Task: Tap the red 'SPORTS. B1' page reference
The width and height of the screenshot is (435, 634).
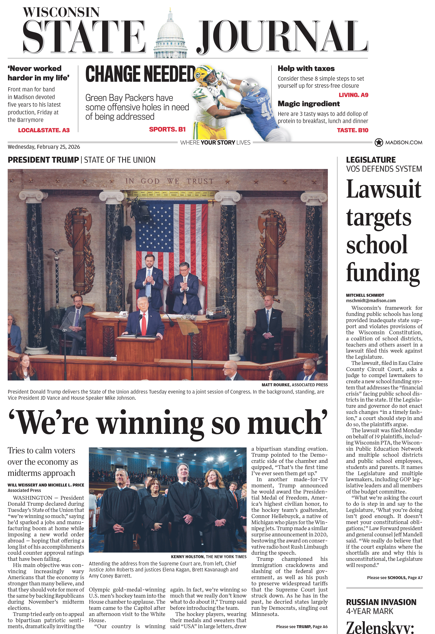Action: [x=167, y=129]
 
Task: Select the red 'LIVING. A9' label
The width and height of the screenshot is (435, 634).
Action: [x=353, y=95]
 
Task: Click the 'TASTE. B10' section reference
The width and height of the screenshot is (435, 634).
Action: [x=352, y=130]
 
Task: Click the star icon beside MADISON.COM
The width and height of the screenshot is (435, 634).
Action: [x=379, y=142]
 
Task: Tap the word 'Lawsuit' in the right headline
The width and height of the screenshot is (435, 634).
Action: [x=384, y=189]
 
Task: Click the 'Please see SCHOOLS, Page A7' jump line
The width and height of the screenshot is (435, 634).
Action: [x=394, y=578]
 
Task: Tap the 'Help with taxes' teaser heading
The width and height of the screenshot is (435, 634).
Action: [x=306, y=68]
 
